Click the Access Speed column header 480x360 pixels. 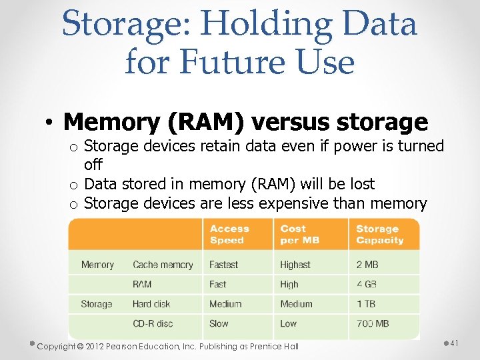click(x=229, y=234)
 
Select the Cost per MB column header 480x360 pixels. click(x=299, y=234)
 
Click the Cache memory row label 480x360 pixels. click(x=163, y=265)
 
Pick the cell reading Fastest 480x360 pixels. click(x=223, y=265)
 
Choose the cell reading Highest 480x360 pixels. click(x=295, y=265)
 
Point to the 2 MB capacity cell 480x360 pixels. click(x=367, y=265)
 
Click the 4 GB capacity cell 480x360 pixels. click(x=367, y=284)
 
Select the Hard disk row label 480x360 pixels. click(x=151, y=304)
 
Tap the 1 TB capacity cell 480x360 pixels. click(x=365, y=304)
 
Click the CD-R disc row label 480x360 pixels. click(x=153, y=323)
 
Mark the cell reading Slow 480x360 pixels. click(x=219, y=323)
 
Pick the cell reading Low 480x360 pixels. click(x=289, y=323)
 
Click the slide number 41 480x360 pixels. click(x=455, y=343)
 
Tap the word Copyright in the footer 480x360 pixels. click(x=61, y=346)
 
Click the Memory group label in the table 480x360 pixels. click(x=97, y=265)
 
